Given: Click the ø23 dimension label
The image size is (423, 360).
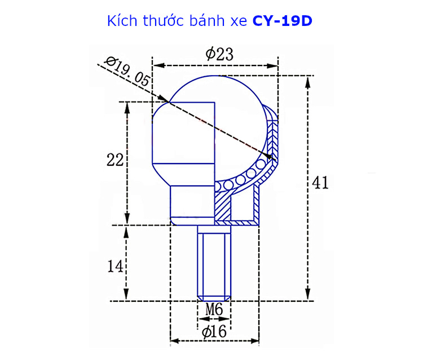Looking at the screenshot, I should coord(219,55).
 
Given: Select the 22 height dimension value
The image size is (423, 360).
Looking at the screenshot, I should coord(115,160).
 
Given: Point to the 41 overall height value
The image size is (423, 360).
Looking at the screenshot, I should coord(319,183).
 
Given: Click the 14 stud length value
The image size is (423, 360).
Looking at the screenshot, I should coord(115,265).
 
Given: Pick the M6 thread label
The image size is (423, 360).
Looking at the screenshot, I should coord(214,309).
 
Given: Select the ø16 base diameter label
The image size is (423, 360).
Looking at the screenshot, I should coord(214,332).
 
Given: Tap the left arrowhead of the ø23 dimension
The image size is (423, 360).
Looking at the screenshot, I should coord(156,66).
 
